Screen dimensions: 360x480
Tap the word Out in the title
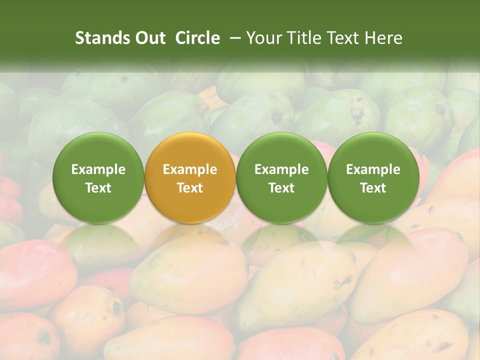tap(149, 38)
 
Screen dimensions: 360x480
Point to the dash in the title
tap(233, 38)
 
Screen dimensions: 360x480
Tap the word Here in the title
tap(385, 38)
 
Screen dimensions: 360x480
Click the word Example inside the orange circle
tap(190, 169)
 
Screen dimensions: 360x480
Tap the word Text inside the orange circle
tap(190, 188)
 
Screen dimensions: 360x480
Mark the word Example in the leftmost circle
tap(98, 169)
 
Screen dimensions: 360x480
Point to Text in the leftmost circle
tap(98, 188)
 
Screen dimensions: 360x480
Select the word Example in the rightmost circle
tap(373, 169)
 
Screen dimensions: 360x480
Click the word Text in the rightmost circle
tap(373, 188)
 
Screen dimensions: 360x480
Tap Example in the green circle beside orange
tap(281, 169)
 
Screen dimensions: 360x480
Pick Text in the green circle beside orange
tap(281, 188)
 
